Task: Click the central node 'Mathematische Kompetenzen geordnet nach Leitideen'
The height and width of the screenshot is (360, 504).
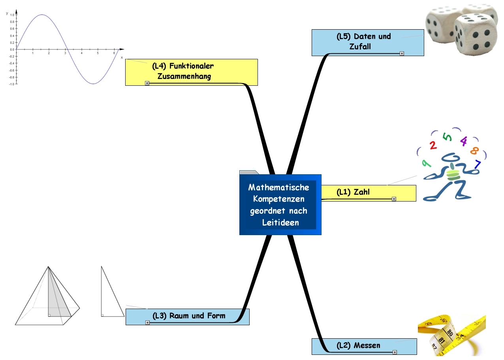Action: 280,205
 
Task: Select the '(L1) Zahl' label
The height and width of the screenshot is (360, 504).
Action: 353,192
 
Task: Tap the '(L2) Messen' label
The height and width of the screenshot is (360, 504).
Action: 358,345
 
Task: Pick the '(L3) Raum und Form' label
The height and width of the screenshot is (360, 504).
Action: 189,316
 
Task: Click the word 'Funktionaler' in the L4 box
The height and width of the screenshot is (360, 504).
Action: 192,66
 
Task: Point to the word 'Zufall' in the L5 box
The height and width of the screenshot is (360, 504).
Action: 360,47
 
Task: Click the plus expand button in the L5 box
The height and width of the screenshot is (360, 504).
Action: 402,54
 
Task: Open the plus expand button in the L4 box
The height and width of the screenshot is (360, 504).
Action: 147,83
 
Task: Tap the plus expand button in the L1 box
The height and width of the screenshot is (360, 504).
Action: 394,199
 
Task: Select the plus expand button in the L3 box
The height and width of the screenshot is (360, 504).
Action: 147,322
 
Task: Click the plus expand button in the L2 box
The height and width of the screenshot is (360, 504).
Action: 395,352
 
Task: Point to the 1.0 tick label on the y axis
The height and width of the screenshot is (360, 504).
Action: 12,15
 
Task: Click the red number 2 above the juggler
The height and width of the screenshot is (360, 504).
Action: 433,145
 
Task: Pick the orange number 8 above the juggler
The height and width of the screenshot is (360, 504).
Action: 474,151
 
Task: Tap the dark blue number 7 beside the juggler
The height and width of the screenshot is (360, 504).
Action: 477,164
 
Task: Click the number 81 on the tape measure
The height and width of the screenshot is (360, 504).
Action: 442,340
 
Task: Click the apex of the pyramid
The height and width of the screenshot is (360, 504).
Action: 48,267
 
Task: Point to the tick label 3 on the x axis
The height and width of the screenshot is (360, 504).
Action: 65,53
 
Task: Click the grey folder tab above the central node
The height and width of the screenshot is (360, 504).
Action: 249,172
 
